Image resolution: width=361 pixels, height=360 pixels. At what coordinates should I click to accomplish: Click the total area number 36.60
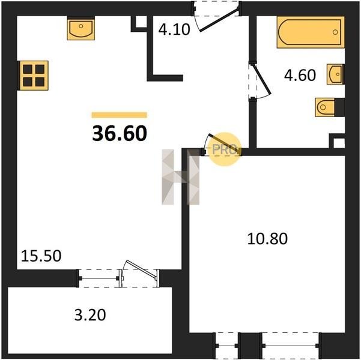click(x=120, y=134)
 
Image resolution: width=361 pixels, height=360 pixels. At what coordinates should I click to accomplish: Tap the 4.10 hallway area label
click(x=174, y=29)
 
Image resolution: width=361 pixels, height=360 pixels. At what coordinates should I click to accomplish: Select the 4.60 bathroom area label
click(x=300, y=75)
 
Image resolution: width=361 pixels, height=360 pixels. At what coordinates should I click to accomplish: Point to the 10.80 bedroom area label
click(x=267, y=238)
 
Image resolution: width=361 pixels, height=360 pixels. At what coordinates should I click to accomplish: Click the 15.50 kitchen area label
click(x=41, y=256)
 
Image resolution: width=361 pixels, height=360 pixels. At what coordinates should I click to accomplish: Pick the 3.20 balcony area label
click(x=90, y=315)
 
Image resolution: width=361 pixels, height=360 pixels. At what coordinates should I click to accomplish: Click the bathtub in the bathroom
click(x=311, y=32)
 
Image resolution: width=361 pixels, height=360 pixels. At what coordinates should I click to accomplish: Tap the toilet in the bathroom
click(x=330, y=107)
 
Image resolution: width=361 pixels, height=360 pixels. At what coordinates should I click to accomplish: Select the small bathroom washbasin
click(x=335, y=74)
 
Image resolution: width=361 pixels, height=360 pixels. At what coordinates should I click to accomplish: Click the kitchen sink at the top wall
click(x=81, y=28)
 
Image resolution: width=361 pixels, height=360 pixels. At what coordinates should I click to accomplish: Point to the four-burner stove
click(x=34, y=76)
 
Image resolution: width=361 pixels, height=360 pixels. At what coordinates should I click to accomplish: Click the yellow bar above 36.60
click(x=120, y=115)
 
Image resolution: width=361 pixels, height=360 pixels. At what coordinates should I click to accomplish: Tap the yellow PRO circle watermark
click(x=225, y=149)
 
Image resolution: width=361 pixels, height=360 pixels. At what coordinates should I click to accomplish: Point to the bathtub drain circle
click(x=335, y=32)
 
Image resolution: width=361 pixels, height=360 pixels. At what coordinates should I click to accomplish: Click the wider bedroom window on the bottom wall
click(x=291, y=346)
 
